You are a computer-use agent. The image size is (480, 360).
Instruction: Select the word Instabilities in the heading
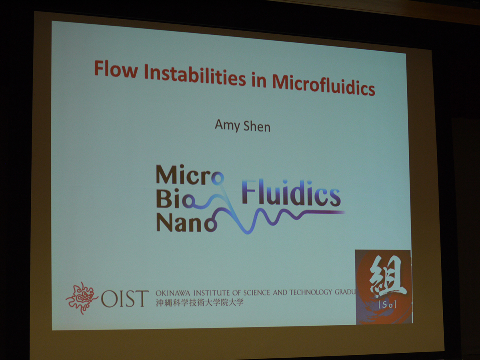[195, 76]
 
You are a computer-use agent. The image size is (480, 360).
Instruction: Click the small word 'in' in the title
[259, 80]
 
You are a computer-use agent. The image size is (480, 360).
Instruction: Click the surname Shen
[257, 126]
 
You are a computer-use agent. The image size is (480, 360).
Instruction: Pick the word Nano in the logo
[186, 222]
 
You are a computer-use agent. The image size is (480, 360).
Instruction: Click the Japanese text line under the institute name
[200, 302]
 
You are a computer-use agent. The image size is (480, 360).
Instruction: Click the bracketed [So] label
[387, 305]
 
